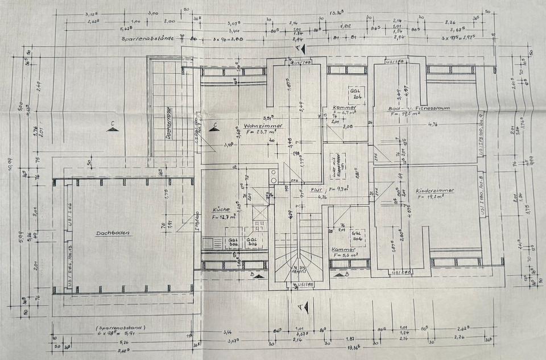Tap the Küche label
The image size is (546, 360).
[x=221, y=209]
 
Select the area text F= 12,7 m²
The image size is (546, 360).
[x=224, y=216]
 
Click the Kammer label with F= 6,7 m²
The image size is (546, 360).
[x=345, y=107]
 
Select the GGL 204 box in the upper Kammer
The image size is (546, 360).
[x=358, y=94]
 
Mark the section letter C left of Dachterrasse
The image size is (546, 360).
[x=113, y=124]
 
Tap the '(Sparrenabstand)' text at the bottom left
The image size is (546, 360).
[x=121, y=328]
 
